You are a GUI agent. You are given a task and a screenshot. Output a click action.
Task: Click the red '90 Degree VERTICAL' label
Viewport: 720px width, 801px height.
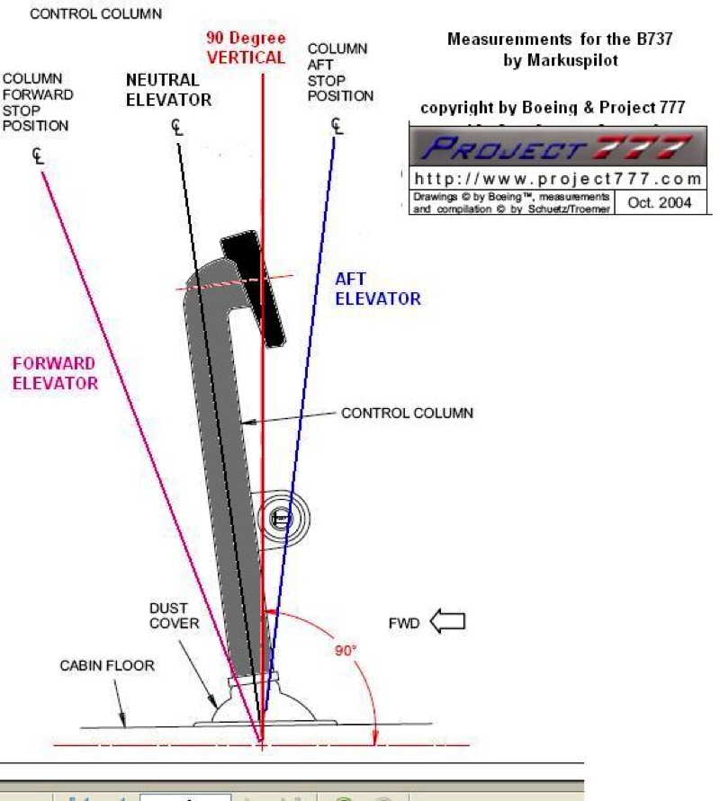coord(246,48)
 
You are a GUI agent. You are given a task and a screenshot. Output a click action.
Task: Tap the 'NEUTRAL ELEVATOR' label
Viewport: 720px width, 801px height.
coord(168,90)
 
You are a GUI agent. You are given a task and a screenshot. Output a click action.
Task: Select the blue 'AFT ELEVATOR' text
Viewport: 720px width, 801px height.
coord(378,289)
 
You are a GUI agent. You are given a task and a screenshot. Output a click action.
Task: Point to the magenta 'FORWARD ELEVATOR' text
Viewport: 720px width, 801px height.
coord(54,372)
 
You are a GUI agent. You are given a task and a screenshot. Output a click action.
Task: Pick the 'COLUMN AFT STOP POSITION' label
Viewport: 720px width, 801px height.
coord(339,72)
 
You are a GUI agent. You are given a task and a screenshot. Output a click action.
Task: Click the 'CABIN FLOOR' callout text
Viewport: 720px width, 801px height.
coord(107,666)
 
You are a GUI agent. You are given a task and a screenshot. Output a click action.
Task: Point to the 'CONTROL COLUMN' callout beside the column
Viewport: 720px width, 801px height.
coord(407,414)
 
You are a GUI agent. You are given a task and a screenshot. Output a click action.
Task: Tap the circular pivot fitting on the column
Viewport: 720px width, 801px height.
coord(281,519)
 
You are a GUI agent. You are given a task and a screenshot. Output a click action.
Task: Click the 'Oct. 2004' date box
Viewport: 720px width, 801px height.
coord(660,202)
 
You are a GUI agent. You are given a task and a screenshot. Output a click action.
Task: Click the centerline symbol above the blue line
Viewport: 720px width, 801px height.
coord(337,124)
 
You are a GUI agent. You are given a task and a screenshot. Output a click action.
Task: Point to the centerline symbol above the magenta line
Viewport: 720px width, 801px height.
coord(38,156)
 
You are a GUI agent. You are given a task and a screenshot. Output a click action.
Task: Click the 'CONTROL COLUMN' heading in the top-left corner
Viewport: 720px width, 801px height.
coord(96,14)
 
